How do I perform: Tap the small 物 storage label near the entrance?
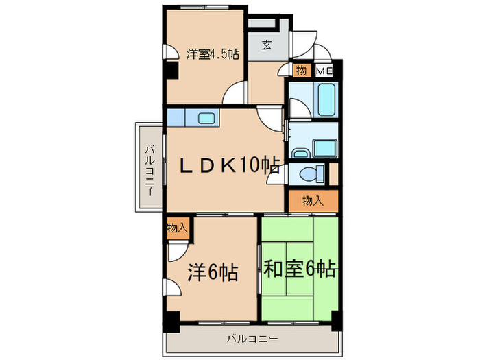point(301,70)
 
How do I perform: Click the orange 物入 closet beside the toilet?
point(313,200)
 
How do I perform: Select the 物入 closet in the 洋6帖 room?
point(176,228)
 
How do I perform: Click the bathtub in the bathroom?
point(325,100)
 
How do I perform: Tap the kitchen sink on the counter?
point(206,118)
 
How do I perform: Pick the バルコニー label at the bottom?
point(253,338)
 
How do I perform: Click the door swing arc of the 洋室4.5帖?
point(237,92)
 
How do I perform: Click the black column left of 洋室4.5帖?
point(167,69)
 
